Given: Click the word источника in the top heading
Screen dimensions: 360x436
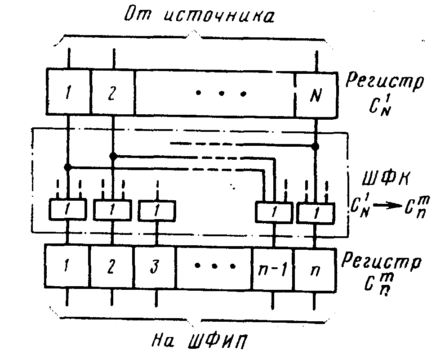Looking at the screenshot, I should click(217, 18).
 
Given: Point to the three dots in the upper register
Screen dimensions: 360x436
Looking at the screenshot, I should click(220, 94).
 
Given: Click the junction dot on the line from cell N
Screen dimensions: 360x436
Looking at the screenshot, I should click(316, 146).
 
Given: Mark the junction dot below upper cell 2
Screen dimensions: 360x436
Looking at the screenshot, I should click(113, 156).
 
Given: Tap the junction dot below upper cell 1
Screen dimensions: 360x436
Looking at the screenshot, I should click(68, 167).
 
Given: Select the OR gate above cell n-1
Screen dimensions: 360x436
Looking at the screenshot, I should click(274, 211).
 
